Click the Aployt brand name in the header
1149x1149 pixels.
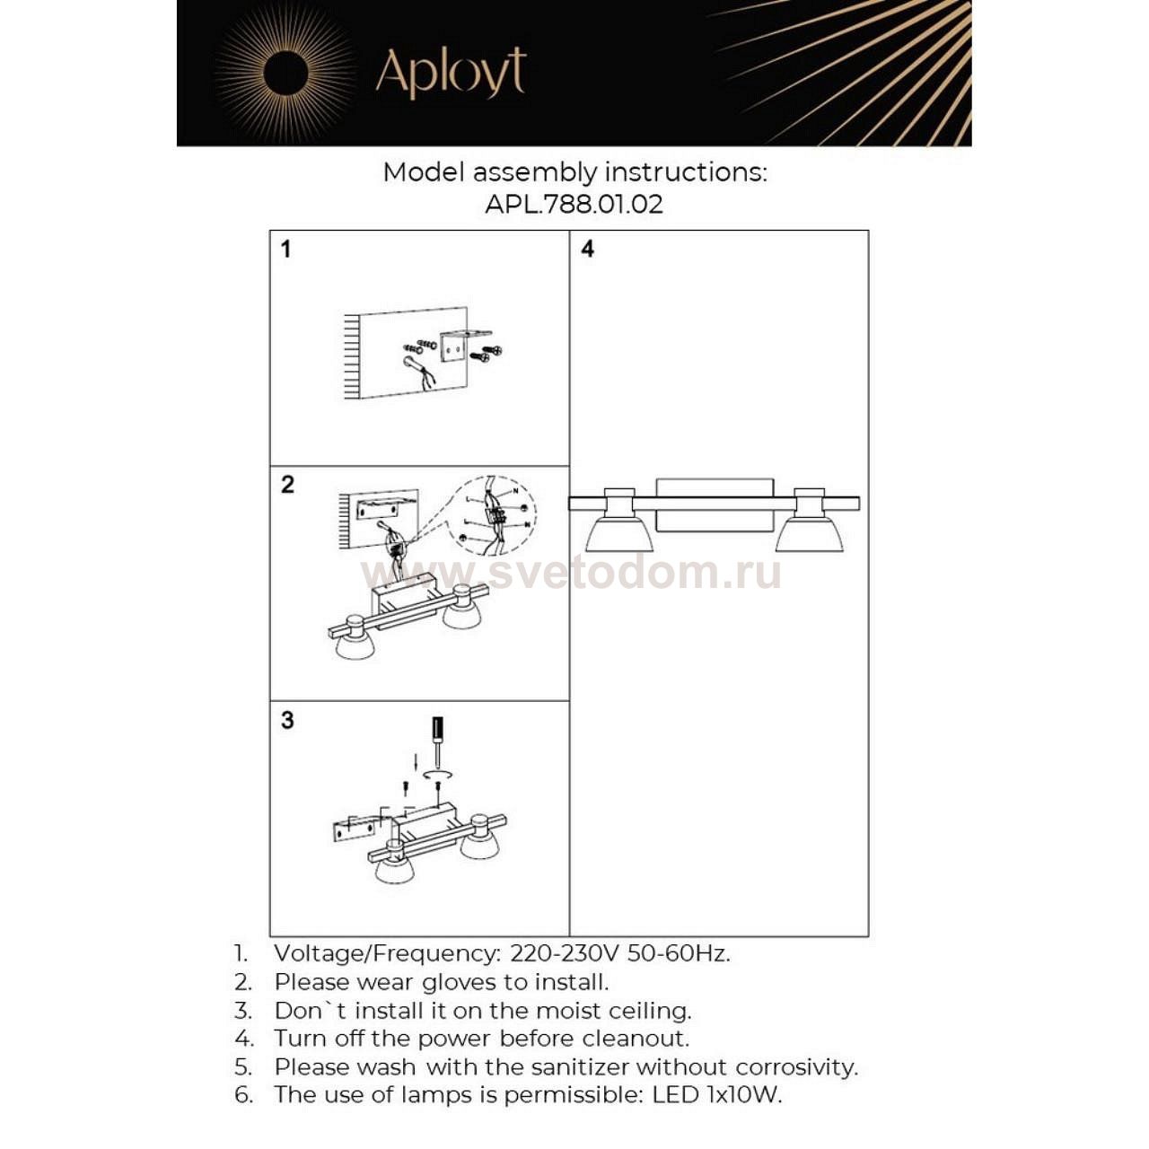pyautogui.click(x=450, y=73)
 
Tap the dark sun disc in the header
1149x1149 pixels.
pyautogui.click(x=286, y=72)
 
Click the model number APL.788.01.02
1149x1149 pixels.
pyautogui.click(x=574, y=204)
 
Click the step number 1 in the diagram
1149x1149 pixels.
pyautogui.click(x=285, y=249)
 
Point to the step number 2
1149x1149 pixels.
pyautogui.click(x=287, y=485)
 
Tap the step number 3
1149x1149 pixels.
pyautogui.click(x=287, y=720)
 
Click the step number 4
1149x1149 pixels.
pyautogui.click(x=587, y=249)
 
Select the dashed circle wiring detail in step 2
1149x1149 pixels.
pyautogui.click(x=492, y=513)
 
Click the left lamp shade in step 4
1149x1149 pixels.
pyautogui.click(x=618, y=533)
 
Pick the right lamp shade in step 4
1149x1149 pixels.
pyautogui.click(x=810, y=533)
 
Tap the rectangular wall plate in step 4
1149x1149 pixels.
pyautogui.click(x=715, y=504)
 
